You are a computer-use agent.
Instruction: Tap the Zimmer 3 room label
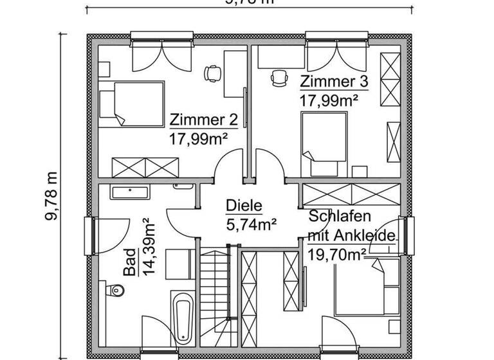(x=334, y=82)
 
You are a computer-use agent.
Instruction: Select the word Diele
(x=244, y=206)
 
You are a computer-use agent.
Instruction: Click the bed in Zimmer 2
(x=131, y=104)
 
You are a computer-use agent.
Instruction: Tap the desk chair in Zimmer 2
(x=210, y=74)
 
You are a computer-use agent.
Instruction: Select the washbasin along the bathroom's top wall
(x=130, y=191)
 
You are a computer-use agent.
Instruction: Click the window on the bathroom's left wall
(x=89, y=236)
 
